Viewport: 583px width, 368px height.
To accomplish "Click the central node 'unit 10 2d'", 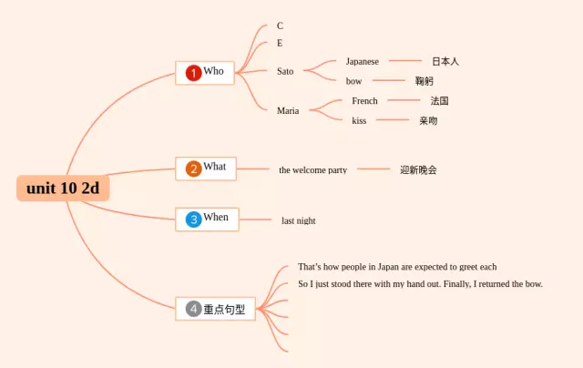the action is click(x=63, y=189).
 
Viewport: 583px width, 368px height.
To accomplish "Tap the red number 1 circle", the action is click(x=193, y=72).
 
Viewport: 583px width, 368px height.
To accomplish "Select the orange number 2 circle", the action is click(x=193, y=169).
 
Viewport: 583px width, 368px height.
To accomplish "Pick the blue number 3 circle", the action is click(x=193, y=220).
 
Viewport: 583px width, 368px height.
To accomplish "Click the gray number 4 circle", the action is click(x=193, y=309).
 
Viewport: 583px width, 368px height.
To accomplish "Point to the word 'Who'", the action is click(x=213, y=71).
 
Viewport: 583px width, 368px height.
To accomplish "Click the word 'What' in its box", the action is click(x=215, y=167).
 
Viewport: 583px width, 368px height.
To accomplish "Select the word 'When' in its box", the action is click(x=216, y=218).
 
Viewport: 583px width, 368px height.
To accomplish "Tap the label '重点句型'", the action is click(x=224, y=309).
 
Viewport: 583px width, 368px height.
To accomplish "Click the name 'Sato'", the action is click(x=285, y=71).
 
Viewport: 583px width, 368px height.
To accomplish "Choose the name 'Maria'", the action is click(x=288, y=110).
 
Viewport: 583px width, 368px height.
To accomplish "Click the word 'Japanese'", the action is click(x=363, y=61).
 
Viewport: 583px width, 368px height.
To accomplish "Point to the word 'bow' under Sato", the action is click(x=354, y=81).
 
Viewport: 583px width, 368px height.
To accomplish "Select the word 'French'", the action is click(x=364, y=101).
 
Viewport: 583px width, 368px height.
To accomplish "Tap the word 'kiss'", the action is click(x=359, y=120).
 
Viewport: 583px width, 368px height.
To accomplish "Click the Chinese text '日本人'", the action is click(x=445, y=61).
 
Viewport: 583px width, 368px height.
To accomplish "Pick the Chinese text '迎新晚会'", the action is click(x=418, y=169).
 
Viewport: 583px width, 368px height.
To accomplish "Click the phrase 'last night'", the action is click(x=299, y=220).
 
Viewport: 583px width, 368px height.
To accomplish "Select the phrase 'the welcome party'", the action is click(x=312, y=170).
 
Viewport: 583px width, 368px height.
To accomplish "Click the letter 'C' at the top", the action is click(x=280, y=26).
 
